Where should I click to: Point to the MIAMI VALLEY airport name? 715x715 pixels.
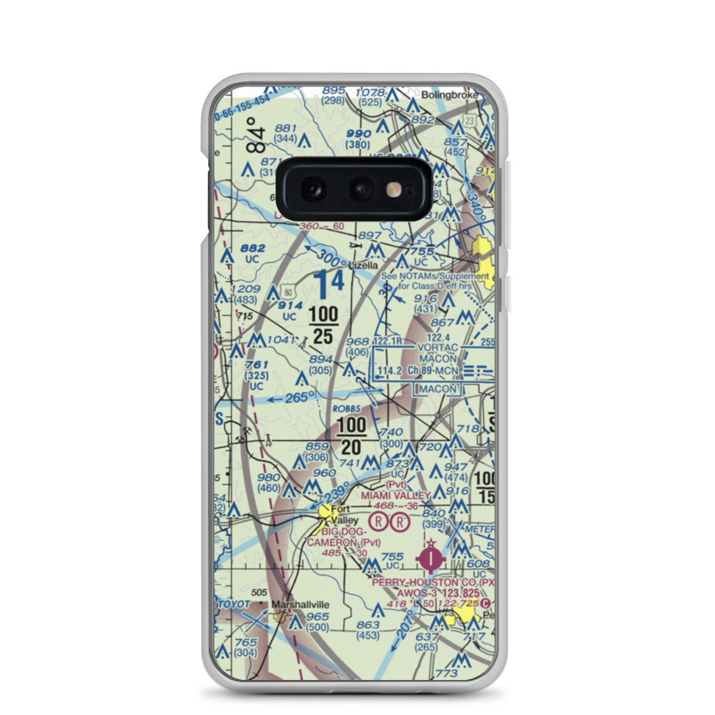(395, 495)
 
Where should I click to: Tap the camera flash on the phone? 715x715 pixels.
(393, 189)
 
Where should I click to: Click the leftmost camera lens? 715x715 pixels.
(312, 189)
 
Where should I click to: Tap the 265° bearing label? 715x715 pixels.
(296, 398)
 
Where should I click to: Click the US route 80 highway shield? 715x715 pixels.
(287, 291)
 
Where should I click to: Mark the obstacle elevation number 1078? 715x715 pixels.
(370, 92)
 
